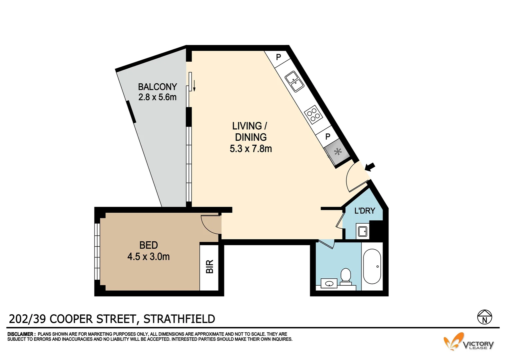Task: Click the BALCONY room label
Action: click(157, 87)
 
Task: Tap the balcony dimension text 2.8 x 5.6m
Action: click(157, 97)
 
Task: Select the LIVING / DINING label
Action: click(250, 131)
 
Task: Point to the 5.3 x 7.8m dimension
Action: click(251, 149)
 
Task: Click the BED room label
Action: click(148, 245)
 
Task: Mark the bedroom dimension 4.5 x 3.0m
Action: click(148, 257)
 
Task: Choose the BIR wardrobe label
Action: click(210, 267)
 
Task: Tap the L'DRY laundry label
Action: click(364, 211)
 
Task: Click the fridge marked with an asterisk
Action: click(337, 153)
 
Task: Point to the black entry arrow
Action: click(370, 167)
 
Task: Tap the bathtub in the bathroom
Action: click(372, 267)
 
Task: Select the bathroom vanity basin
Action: click(329, 284)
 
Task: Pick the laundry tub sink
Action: click(362, 231)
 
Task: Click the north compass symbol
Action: click(484, 317)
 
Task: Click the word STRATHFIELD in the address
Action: click(179, 319)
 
